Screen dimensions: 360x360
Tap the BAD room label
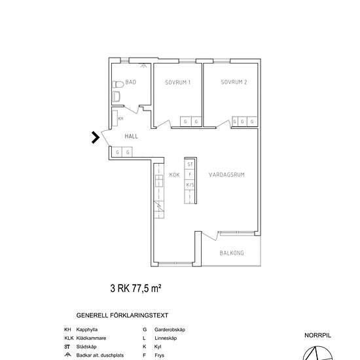point(131,82)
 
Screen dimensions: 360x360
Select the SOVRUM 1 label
point(178,82)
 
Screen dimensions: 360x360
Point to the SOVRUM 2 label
point(234,82)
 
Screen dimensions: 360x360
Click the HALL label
point(132,136)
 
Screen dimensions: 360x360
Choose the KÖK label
point(174,175)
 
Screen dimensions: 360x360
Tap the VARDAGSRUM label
point(226,175)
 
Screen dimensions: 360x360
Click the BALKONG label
point(232,253)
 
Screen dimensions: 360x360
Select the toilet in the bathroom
point(118,84)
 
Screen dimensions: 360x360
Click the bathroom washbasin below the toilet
point(116,96)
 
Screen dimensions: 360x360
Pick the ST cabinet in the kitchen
point(190,164)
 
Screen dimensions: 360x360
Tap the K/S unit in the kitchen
point(190,185)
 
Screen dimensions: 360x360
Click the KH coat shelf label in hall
point(121,118)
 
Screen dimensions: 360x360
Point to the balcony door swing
point(209,236)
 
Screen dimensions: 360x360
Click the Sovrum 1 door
point(164,124)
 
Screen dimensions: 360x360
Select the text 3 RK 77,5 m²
point(135,289)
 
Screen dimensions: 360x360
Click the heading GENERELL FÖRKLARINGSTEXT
point(122,315)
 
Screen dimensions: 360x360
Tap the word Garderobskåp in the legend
point(170,329)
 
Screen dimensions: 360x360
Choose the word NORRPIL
point(317,335)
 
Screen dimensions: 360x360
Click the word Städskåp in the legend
point(86,347)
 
